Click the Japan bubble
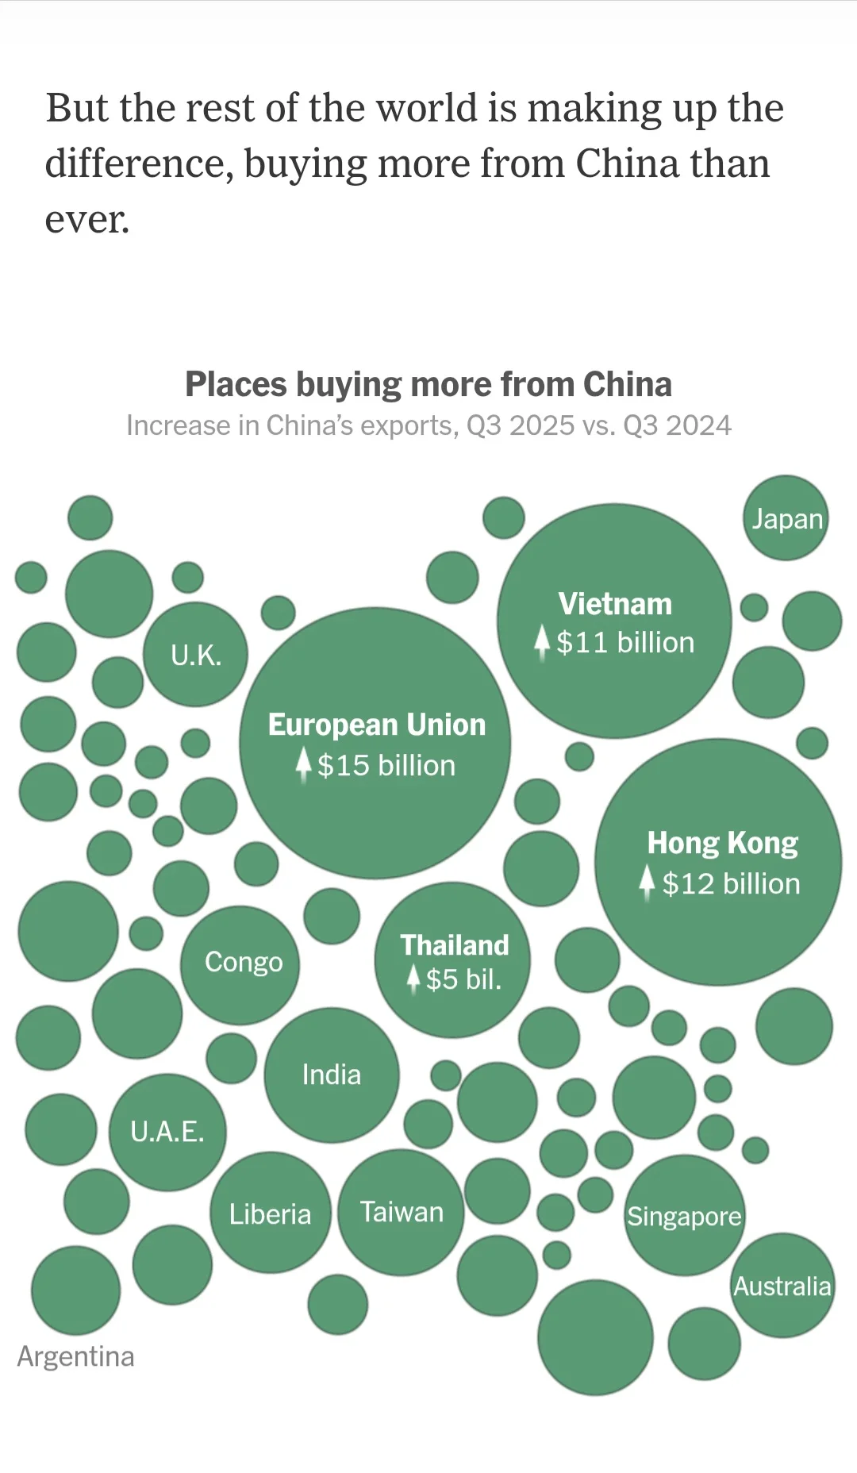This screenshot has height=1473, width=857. (786, 518)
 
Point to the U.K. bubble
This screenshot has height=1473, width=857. (196, 655)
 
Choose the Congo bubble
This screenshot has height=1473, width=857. (240, 963)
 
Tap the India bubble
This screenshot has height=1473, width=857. (332, 1075)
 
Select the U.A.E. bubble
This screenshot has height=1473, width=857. (167, 1132)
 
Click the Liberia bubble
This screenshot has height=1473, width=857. (271, 1213)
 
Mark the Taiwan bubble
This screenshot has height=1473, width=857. (401, 1212)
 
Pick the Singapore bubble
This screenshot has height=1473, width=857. (684, 1216)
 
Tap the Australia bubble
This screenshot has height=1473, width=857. (782, 1286)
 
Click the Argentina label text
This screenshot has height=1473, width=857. (75, 1356)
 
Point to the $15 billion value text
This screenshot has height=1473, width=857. (386, 766)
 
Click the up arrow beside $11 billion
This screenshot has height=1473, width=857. (542, 642)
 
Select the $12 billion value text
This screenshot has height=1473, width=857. (731, 884)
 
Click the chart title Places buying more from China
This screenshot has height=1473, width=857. (428, 384)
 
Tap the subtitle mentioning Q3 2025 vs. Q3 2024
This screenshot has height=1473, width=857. (428, 425)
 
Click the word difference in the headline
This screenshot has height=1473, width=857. (138, 163)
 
